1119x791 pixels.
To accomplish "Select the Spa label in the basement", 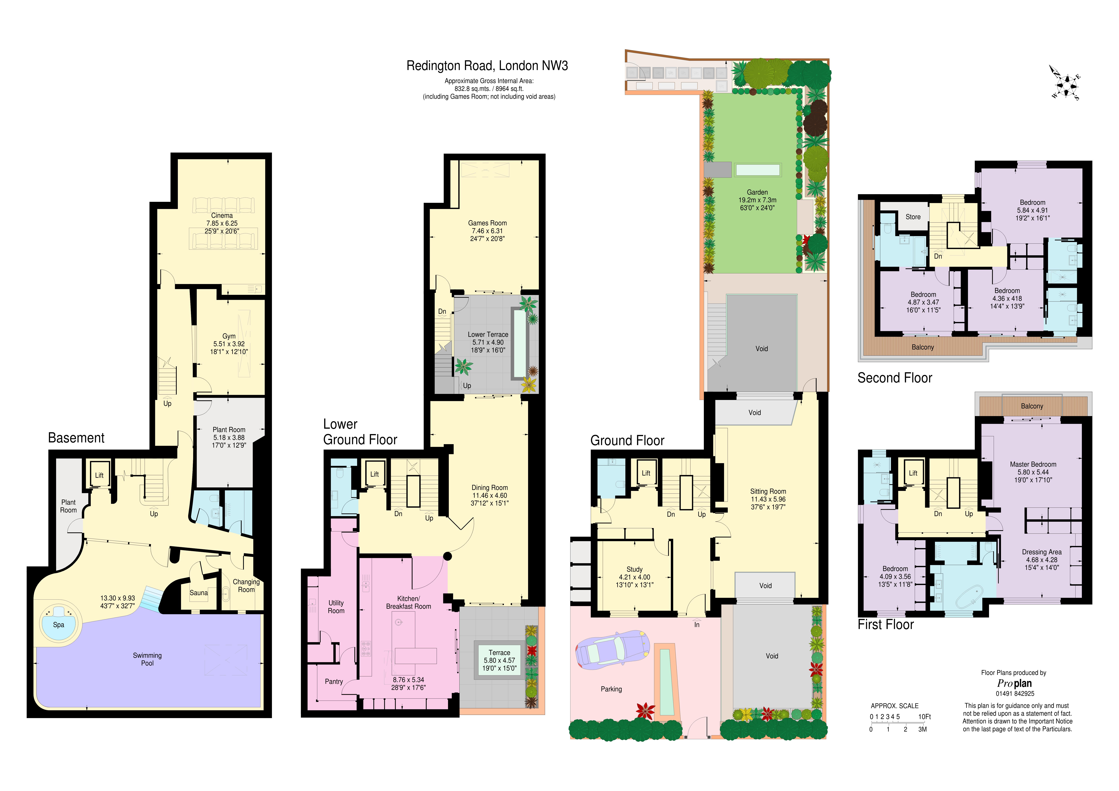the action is point(59,625).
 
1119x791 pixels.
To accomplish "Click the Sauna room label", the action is point(198,593).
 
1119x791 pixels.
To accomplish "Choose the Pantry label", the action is point(334,681).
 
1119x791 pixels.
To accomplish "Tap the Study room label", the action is point(635,569).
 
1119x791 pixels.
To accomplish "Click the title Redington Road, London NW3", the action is point(487,66).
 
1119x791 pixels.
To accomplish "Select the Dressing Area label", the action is point(1042,552).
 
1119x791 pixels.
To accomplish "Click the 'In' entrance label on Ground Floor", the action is point(697,625).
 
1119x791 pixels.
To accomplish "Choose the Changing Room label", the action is point(246,586).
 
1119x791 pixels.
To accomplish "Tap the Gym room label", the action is point(229,336).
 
